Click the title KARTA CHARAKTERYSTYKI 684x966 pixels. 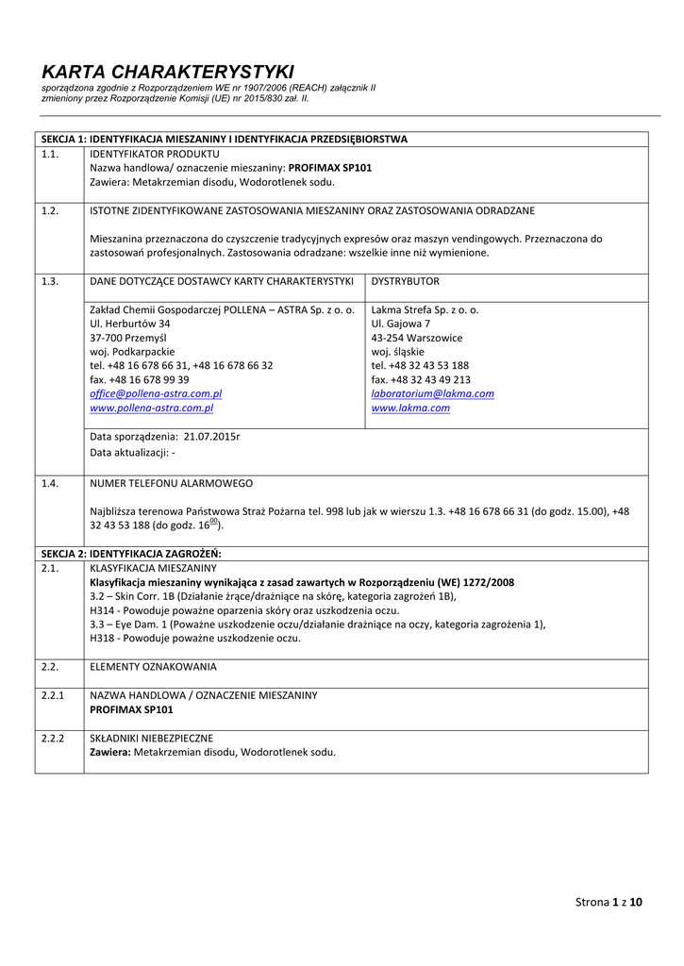pos(168,72)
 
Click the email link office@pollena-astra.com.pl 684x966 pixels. pos(156,393)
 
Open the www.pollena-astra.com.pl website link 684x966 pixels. pos(151,408)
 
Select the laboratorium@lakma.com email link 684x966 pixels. pos(432,393)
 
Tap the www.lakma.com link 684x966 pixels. pos(410,408)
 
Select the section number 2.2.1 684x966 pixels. pos(53,694)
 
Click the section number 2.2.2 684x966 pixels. pos(53,738)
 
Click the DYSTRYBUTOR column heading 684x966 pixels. pos(405,281)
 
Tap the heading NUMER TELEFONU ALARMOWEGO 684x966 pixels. pos(171,483)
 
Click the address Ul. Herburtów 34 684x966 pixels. pos(130,323)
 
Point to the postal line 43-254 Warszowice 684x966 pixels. pos(417,337)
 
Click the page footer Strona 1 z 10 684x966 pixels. pos(609,903)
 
